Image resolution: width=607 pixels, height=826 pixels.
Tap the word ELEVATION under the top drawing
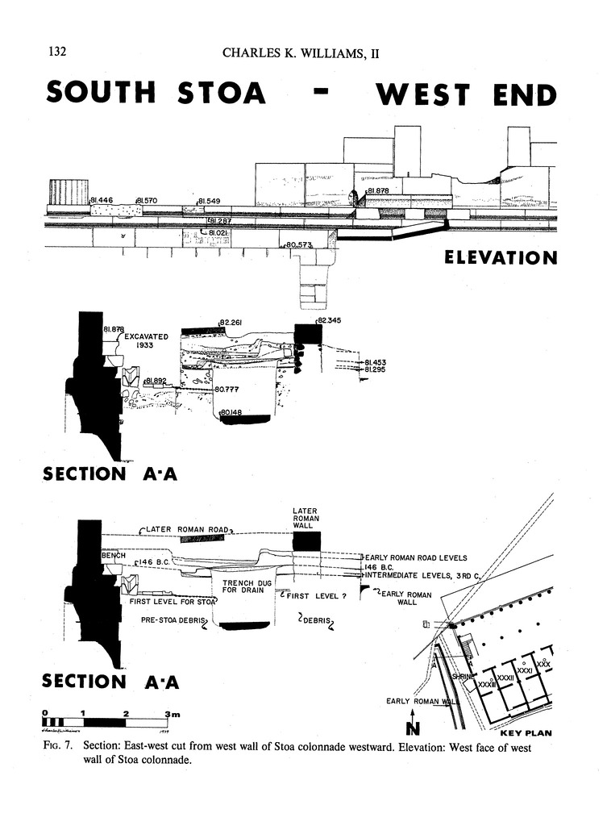501,258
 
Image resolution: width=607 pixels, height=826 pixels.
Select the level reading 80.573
299,244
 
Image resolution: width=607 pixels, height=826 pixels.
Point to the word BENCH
112,557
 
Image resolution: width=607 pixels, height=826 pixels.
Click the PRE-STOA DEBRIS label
173,620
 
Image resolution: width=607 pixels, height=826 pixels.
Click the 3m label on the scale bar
172,714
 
